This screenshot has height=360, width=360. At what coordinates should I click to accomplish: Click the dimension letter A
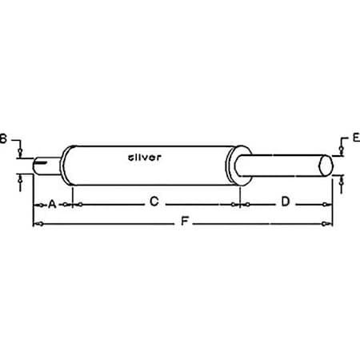coord(52,204)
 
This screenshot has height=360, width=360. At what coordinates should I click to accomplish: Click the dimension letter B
coord(3,139)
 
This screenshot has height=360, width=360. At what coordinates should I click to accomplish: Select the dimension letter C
coord(154,203)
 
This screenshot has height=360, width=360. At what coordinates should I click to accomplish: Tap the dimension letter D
coord(285,203)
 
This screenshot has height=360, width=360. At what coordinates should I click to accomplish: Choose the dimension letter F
coord(185,224)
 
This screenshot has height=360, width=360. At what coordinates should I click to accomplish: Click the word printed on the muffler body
coord(145,158)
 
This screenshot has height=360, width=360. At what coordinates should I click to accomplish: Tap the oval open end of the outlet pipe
coord(326,166)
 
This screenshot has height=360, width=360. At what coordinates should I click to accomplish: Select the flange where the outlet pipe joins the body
coord(238,166)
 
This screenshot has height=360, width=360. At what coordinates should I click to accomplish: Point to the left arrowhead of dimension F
coord(36,224)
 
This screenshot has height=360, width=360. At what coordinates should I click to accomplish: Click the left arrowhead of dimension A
coord(36,205)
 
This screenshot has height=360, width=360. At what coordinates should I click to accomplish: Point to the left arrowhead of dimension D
coord(246,205)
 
